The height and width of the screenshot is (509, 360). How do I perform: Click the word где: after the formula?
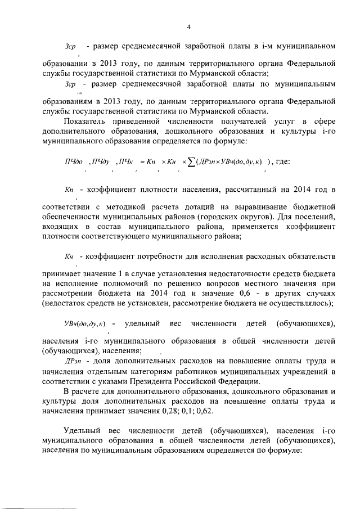280,162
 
